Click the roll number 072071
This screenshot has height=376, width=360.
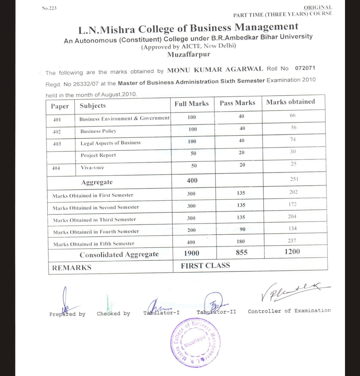tap(305, 68)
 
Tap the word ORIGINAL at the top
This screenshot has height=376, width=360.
tap(318, 7)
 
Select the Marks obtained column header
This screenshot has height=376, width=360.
tap(290, 102)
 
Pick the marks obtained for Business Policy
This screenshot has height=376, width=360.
tap(293, 128)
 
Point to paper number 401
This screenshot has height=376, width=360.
tap(57, 119)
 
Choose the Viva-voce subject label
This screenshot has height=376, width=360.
tap(92, 168)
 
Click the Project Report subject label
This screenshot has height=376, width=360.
tap(98, 155)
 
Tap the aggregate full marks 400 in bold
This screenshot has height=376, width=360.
tap(192, 180)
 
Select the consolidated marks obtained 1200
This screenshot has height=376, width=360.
tap(292, 252)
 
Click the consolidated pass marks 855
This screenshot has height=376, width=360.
tap(241, 252)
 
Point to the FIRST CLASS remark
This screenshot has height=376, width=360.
tap(205, 266)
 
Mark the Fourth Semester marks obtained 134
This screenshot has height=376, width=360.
tap(292, 229)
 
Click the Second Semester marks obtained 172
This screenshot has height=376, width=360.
tap(292, 204)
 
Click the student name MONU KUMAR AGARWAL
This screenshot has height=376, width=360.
tap(215, 70)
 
